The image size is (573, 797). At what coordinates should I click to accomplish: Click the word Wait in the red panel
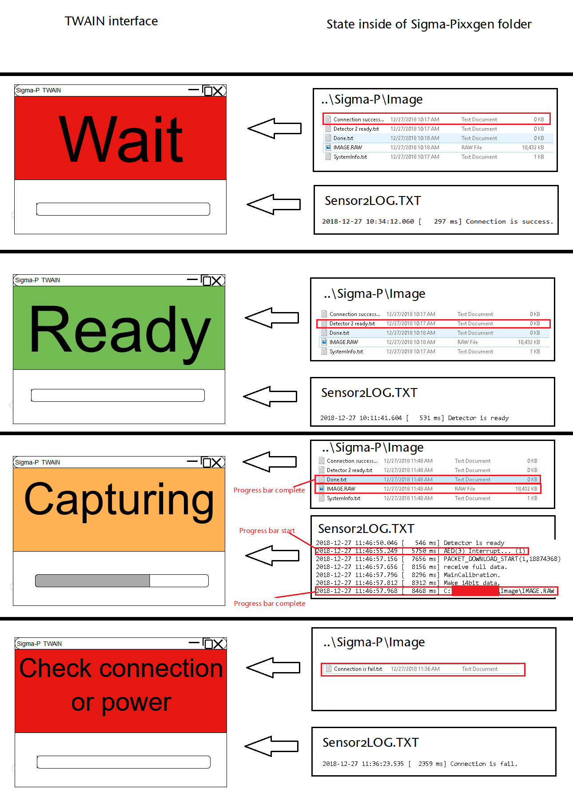click(x=120, y=139)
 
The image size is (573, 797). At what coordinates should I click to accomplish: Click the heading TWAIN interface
click(x=111, y=21)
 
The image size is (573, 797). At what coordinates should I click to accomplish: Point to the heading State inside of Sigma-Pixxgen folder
click(x=429, y=24)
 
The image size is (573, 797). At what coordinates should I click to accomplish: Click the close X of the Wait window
click(x=218, y=91)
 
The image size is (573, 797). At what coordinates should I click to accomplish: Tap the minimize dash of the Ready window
click(x=192, y=280)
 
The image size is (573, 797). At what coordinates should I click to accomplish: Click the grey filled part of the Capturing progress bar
click(x=92, y=581)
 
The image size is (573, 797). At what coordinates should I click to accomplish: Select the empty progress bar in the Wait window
click(x=123, y=209)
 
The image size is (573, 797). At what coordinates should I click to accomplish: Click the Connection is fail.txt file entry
click(x=358, y=669)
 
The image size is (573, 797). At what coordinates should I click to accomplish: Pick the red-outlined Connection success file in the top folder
click(x=359, y=120)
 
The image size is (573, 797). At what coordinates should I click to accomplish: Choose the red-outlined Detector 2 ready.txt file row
click(x=352, y=324)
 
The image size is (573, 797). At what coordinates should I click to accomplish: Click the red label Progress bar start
click(x=267, y=530)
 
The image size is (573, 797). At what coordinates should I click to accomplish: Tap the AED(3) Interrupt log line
click(x=484, y=551)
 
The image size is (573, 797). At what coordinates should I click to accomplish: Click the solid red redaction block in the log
click(x=475, y=591)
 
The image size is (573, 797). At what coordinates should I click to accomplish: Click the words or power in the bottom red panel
click(x=121, y=702)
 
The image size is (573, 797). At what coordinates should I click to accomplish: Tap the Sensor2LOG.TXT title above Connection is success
click(x=373, y=200)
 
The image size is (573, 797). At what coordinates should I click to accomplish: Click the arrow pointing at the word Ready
click(x=272, y=318)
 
